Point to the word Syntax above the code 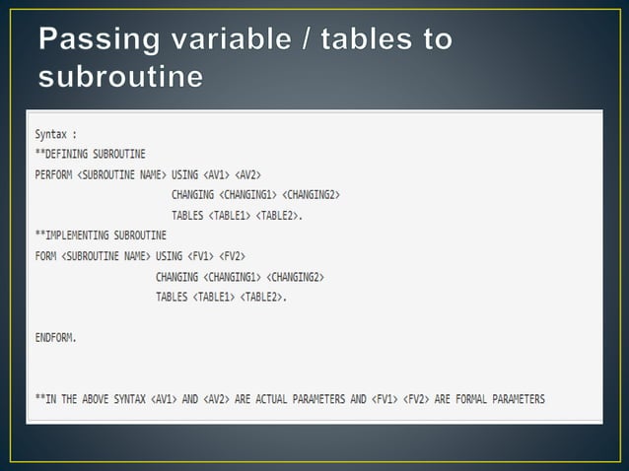pos(52,133)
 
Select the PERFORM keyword pos(53,173)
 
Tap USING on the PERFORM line pos(184,173)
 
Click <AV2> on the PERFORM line pos(251,173)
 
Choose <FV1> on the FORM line pos(202,256)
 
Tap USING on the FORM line pos(169,256)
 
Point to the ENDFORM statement pos(55,337)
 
